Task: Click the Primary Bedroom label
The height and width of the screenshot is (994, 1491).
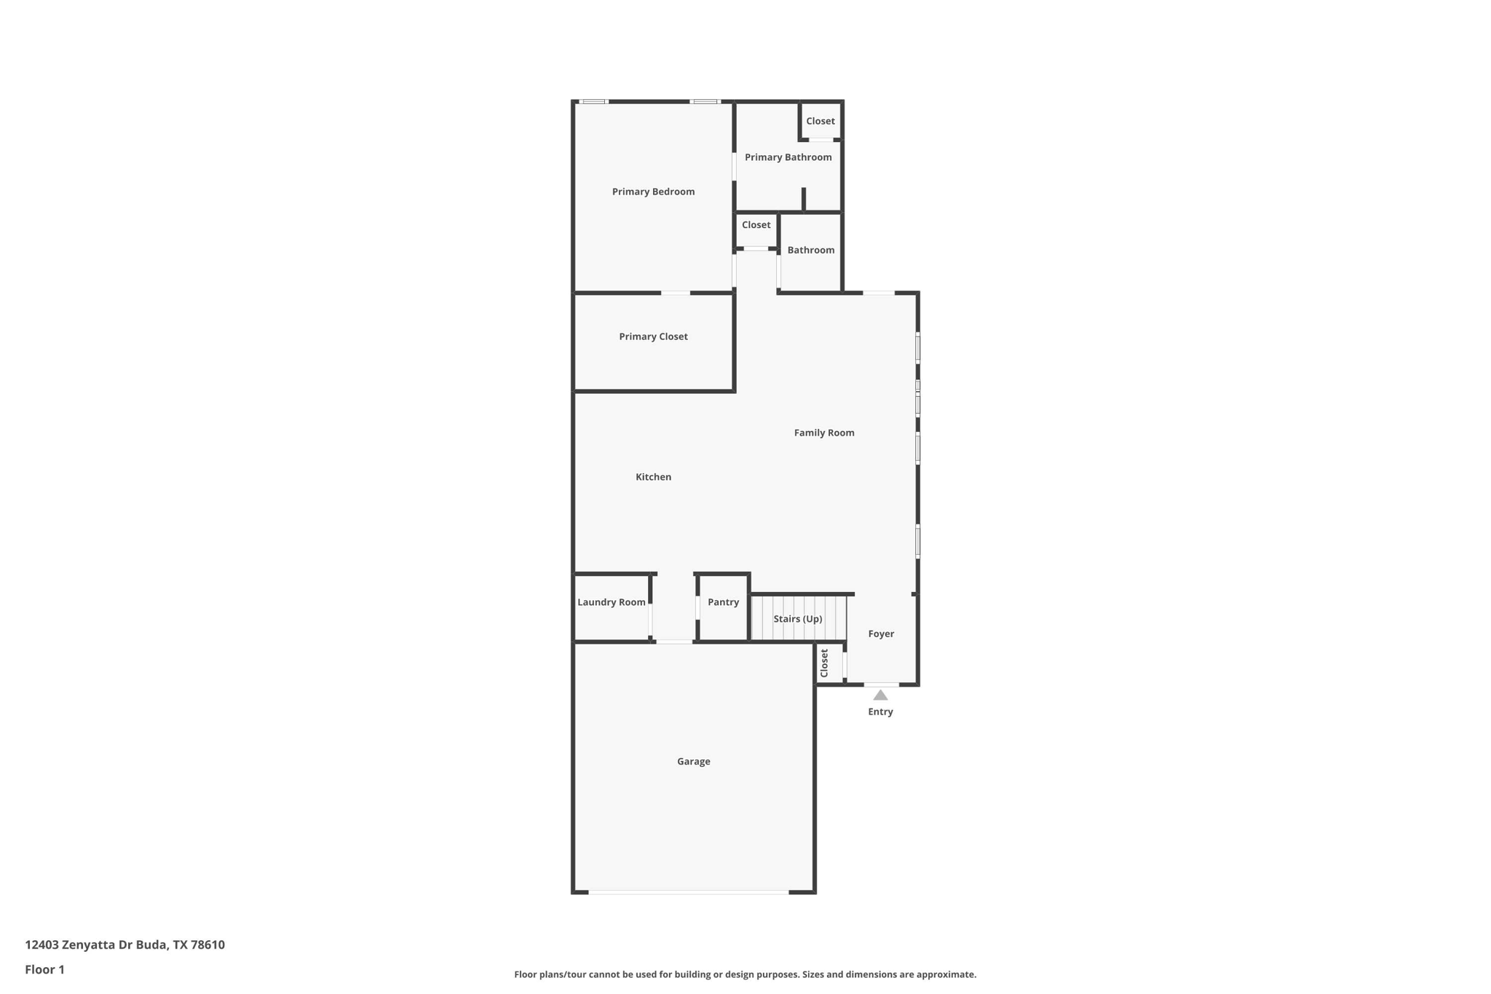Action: pos(653,192)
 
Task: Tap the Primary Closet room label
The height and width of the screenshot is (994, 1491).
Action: pos(653,336)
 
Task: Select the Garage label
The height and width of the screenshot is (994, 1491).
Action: pos(693,762)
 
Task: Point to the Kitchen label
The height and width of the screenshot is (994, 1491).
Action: pos(653,477)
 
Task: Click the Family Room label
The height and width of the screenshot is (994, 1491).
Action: pos(823,433)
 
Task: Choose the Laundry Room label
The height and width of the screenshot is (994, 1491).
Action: pos(611,602)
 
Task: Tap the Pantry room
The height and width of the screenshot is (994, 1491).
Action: pos(723,602)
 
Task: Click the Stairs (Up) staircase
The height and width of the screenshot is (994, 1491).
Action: pos(798,619)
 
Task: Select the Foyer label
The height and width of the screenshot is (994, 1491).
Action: pos(881,634)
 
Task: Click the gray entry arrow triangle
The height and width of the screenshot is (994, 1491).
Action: pos(880,695)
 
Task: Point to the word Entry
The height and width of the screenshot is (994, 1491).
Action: pos(880,712)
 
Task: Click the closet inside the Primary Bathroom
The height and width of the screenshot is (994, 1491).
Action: pos(820,121)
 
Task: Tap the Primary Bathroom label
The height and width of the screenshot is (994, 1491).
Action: pos(788,157)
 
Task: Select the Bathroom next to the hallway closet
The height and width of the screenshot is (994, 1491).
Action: pos(810,250)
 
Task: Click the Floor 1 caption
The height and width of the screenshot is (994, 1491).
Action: pos(44,970)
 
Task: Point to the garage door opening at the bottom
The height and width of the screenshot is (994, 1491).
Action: pos(688,892)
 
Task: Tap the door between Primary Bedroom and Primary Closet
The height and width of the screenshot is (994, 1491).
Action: pos(675,293)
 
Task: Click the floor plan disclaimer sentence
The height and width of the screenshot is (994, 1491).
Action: pos(745,974)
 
